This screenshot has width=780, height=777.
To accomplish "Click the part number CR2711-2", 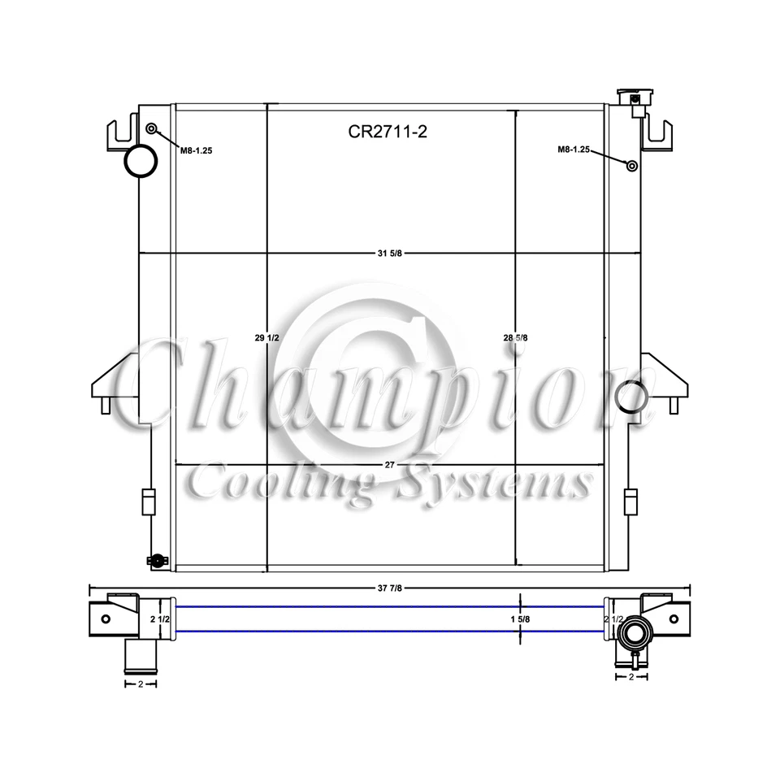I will (x=388, y=132).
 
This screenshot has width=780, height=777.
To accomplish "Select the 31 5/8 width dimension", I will (x=389, y=254).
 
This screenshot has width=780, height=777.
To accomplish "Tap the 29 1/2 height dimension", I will (x=266, y=337).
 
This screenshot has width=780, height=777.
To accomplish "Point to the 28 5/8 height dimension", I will (x=516, y=337).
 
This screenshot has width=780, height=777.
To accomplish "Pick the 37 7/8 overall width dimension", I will (x=389, y=588).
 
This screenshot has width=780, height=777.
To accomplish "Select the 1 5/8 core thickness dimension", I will (x=520, y=619).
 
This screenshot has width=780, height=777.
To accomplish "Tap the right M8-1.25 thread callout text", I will (x=573, y=150).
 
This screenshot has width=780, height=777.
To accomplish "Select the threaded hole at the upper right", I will (x=631, y=166).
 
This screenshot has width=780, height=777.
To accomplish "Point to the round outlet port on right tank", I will (x=630, y=397).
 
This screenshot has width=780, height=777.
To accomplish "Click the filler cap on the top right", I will (x=634, y=99).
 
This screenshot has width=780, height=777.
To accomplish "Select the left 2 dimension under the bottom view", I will (x=140, y=684).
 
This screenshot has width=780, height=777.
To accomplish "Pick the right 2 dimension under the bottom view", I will (x=631, y=676).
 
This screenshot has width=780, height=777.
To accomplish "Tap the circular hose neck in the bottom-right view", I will (x=633, y=631).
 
